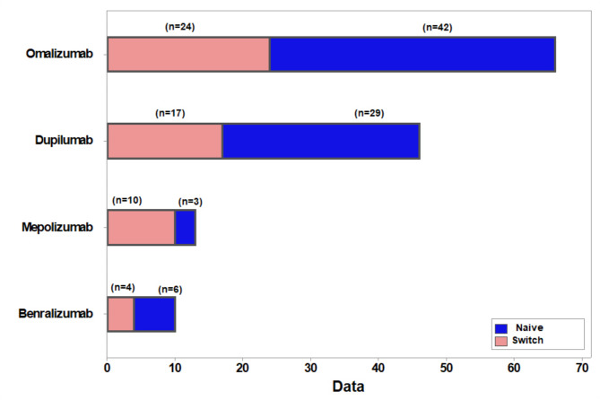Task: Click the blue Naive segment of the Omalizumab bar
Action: point(413,55)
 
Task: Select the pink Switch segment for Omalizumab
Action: point(188,55)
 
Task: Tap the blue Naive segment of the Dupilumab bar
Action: point(321,141)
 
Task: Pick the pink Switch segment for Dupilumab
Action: point(165,141)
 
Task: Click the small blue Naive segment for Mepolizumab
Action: point(186,228)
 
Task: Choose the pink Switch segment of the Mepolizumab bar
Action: point(141,228)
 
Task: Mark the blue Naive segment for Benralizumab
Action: point(155,314)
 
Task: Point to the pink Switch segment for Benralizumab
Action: point(121,314)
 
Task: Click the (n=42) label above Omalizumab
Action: point(438,28)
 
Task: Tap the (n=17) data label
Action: point(170,113)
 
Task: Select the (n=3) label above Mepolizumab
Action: point(190,202)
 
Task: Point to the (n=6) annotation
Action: point(170,290)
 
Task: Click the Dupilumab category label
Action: point(64,140)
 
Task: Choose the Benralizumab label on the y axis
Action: point(56,314)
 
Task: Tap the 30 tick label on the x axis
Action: point(310,368)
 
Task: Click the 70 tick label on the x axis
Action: point(582,368)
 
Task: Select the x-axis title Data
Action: point(348,387)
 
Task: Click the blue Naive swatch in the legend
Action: point(500,328)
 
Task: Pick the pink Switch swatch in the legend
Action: point(500,341)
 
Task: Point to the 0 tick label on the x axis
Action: point(107,368)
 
